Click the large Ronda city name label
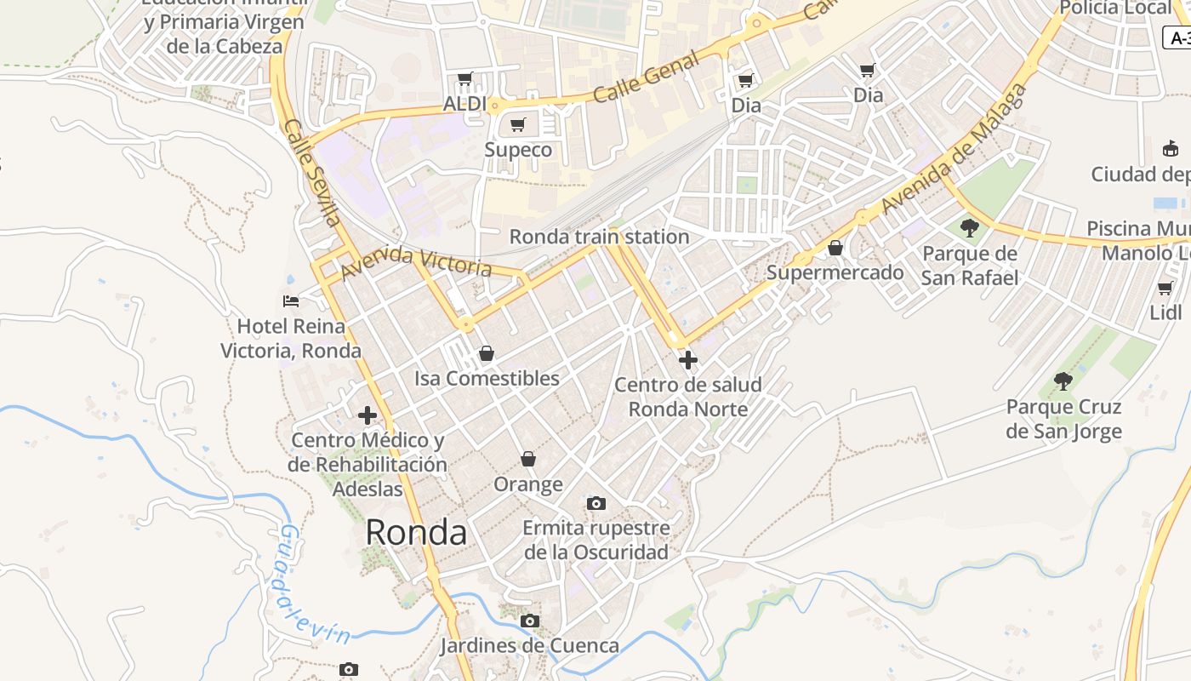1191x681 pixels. point(416,533)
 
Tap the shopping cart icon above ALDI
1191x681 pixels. point(464,79)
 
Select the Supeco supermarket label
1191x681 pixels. point(518,150)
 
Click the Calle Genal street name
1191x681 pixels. point(647,77)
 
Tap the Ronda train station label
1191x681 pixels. point(599,237)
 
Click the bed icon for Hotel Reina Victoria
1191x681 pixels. point(291,300)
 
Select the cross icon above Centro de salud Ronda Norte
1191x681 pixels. point(687,360)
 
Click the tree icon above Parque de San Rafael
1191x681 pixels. point(969,227)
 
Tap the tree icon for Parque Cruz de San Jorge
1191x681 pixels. point(1063,381)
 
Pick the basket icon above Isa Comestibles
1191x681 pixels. point(487,353)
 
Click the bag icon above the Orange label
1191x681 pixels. point(528,459)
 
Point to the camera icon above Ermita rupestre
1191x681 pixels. point(596,503)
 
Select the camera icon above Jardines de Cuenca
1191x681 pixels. point(530,621)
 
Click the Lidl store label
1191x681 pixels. point(1165,312)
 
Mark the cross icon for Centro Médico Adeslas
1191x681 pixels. point(368,415)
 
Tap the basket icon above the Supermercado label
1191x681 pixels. point(835,248)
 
